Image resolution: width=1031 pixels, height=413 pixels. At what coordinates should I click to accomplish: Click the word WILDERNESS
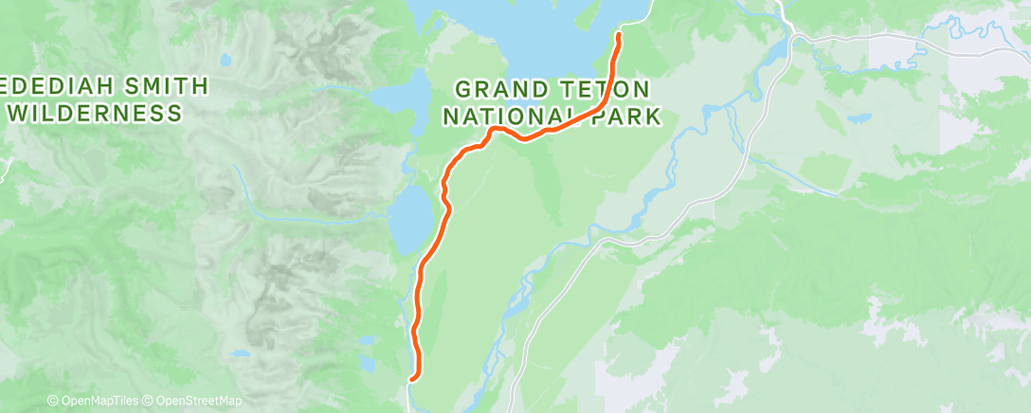tap(95, 114)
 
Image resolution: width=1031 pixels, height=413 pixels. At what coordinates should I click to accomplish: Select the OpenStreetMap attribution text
tap(193, 402)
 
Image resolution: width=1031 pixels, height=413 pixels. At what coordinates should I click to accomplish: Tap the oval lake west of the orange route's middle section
tap(409, 220)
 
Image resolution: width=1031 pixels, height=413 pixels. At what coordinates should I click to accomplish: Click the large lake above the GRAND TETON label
tap(531, 38)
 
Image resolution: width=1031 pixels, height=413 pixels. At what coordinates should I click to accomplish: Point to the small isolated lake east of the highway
tap(859, 119)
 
